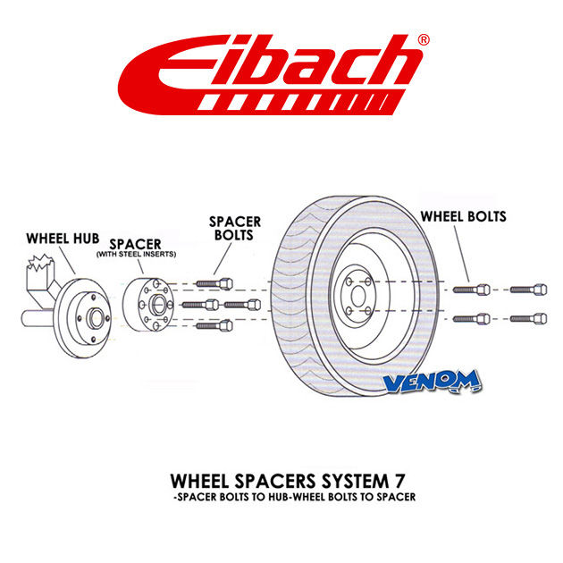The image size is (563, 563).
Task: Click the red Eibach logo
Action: (x=271, y=75)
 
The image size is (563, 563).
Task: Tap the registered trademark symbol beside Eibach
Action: (x=424, y=39)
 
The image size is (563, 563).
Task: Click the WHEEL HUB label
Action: (x=63, y=239)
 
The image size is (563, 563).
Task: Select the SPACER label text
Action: (x=135, y=244)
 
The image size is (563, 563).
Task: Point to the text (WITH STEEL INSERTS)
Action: (x=136, y=254)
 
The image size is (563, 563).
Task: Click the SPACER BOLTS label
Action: (x=235, y=229)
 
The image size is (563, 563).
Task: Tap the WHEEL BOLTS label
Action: (x=463, y=216)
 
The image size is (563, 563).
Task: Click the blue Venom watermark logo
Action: (x=433, y=382)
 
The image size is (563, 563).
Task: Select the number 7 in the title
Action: (x=398, y=481)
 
